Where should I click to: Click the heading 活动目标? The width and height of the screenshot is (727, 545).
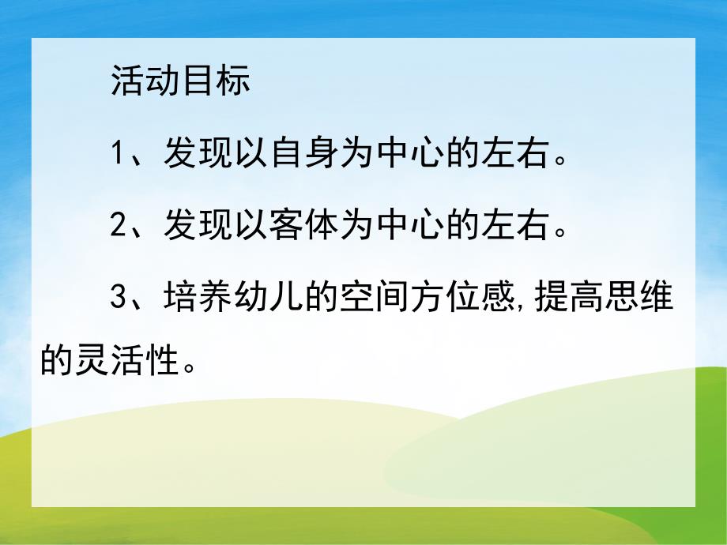180,81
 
